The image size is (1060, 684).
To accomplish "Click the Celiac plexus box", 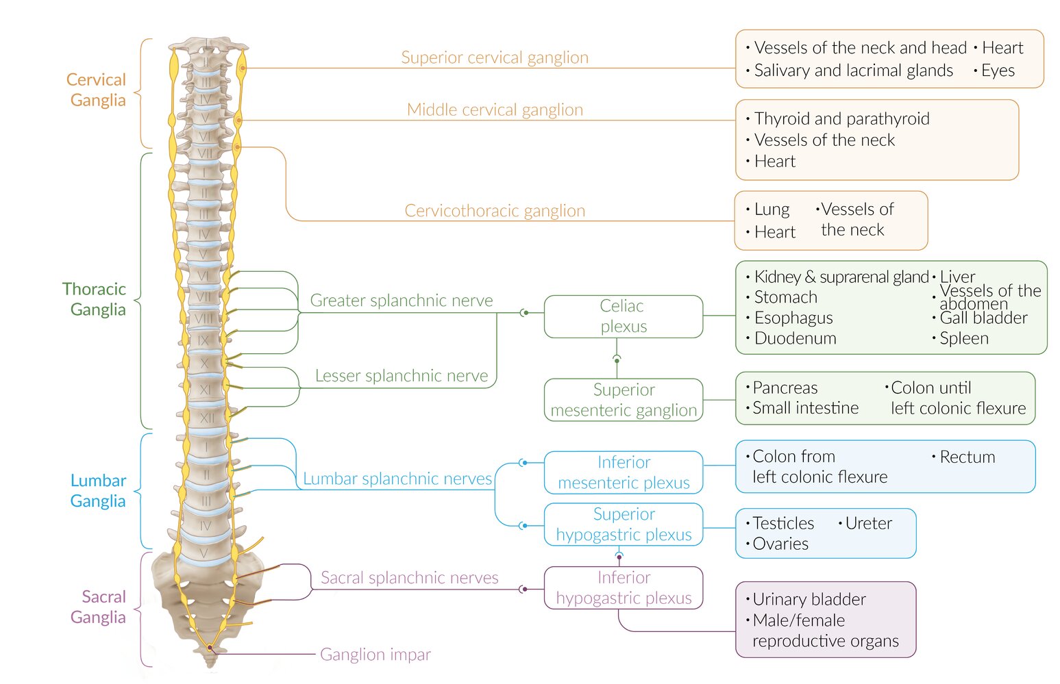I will [x=623, y=316].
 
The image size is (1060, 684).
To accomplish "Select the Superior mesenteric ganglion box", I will [x=623, y=400].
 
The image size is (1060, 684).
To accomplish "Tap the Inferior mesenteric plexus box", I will [x=623, y=472].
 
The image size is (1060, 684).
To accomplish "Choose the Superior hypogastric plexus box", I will [x=623, y=524].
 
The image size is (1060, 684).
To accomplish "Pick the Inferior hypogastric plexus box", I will [x=623, y=587].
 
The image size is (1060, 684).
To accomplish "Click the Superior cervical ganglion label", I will [x=494, y=58].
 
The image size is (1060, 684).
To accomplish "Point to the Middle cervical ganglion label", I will [x=495, y=110].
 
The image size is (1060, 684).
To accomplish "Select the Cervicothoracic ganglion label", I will [x=495, y=211].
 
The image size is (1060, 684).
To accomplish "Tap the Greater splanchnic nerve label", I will [x=402, y=301].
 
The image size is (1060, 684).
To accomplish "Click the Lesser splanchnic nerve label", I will [x=402, y=376].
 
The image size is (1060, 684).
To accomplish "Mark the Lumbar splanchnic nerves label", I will [x=397, y=479].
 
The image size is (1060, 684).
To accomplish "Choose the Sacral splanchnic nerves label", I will [x=409, y=578].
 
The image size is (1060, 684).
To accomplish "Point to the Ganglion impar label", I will [x=375, y=655].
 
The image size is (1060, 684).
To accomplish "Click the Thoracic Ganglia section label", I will [x=95, y=299].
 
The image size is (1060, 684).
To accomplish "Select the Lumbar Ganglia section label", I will [x=98, y=491].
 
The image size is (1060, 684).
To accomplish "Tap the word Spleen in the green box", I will [x=963, y=338].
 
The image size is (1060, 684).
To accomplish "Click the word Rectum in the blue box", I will [x=967, y=457].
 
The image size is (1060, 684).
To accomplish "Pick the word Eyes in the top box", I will [x=998, y=71].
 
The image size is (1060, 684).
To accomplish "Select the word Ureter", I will [x=868, y=524].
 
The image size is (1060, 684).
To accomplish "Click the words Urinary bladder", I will [x=809, y=600].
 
